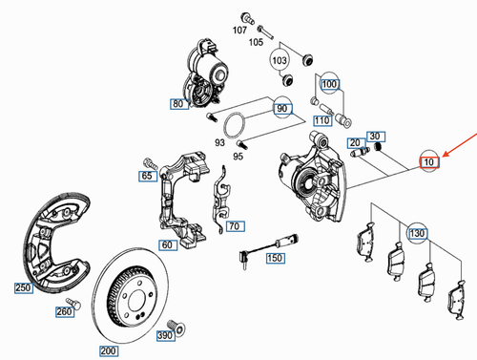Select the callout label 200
[x=107, y=351]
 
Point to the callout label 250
[x=22, y=287]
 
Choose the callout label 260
[x=64, y=312]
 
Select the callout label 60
[x=167, y=245]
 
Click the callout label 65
[x=147, y=177]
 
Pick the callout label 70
[x=231, y=226]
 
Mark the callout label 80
[x=178, y=104]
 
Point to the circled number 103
[x=280, y=61]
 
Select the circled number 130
[x=417, y=234]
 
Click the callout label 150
[x=275, y=258]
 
